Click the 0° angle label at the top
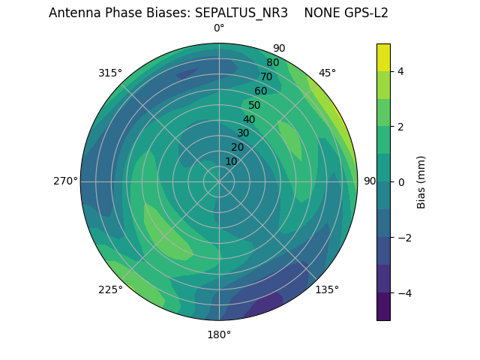pos(219,28)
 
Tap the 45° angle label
pos(327,73)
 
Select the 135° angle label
pos(327,289)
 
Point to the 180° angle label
pos(219,334)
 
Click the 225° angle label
pos(110,290)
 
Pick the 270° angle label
pos(65,181)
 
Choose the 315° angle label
pos(110,73)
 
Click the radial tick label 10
pos(231,161)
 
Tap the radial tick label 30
pos(243,133)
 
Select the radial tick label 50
pos(254,106)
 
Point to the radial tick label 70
pos(266,77)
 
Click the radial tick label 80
pos(272,63)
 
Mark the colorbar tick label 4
pos(400,71)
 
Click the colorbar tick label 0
pos(400,181)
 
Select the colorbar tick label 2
pos(400,127)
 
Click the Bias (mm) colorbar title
pos(421,181)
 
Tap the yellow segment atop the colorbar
pos(383,57)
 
